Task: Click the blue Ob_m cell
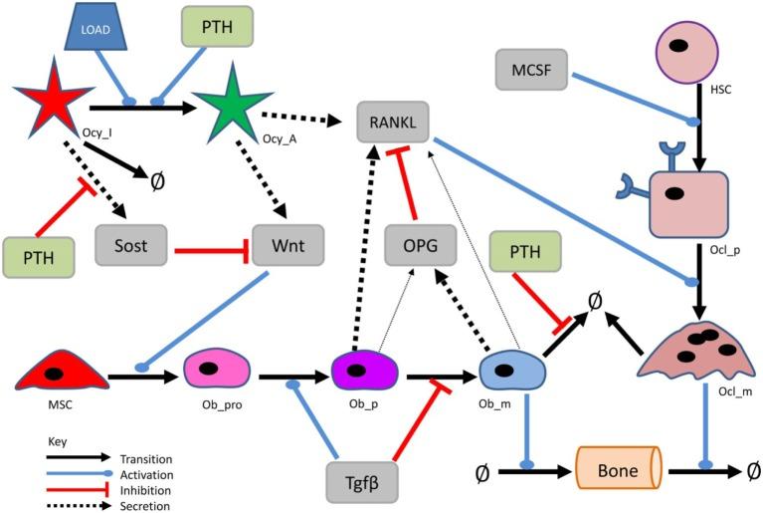[x=509, y=374]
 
